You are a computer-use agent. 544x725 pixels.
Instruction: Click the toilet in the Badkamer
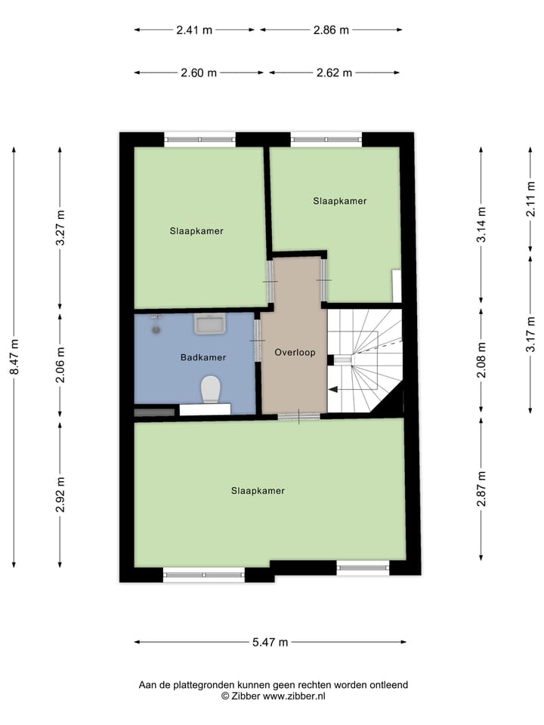[211, 390]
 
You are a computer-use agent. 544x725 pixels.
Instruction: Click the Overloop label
[294, 353]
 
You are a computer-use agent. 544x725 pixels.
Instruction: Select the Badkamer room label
[203, 357]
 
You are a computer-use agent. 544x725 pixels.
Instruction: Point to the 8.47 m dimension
[14, 357]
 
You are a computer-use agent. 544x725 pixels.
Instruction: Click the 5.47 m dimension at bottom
[270, 643]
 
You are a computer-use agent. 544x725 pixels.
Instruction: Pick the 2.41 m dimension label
[194, 30]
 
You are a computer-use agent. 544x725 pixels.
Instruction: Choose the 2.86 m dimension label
[331, 30]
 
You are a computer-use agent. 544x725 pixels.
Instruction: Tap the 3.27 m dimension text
[61, 227]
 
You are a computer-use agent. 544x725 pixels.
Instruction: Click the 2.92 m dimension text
[61, 495]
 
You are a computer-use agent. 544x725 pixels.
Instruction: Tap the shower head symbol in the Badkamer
[156, 325]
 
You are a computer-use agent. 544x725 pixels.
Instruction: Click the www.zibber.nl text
[294, 696]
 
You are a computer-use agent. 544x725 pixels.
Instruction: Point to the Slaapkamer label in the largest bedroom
[258, 491]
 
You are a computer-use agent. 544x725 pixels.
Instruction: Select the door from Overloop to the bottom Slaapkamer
[298, 416]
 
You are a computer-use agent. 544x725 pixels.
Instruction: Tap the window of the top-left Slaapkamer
[200, 139]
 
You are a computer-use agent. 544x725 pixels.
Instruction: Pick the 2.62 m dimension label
[335, 73]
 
